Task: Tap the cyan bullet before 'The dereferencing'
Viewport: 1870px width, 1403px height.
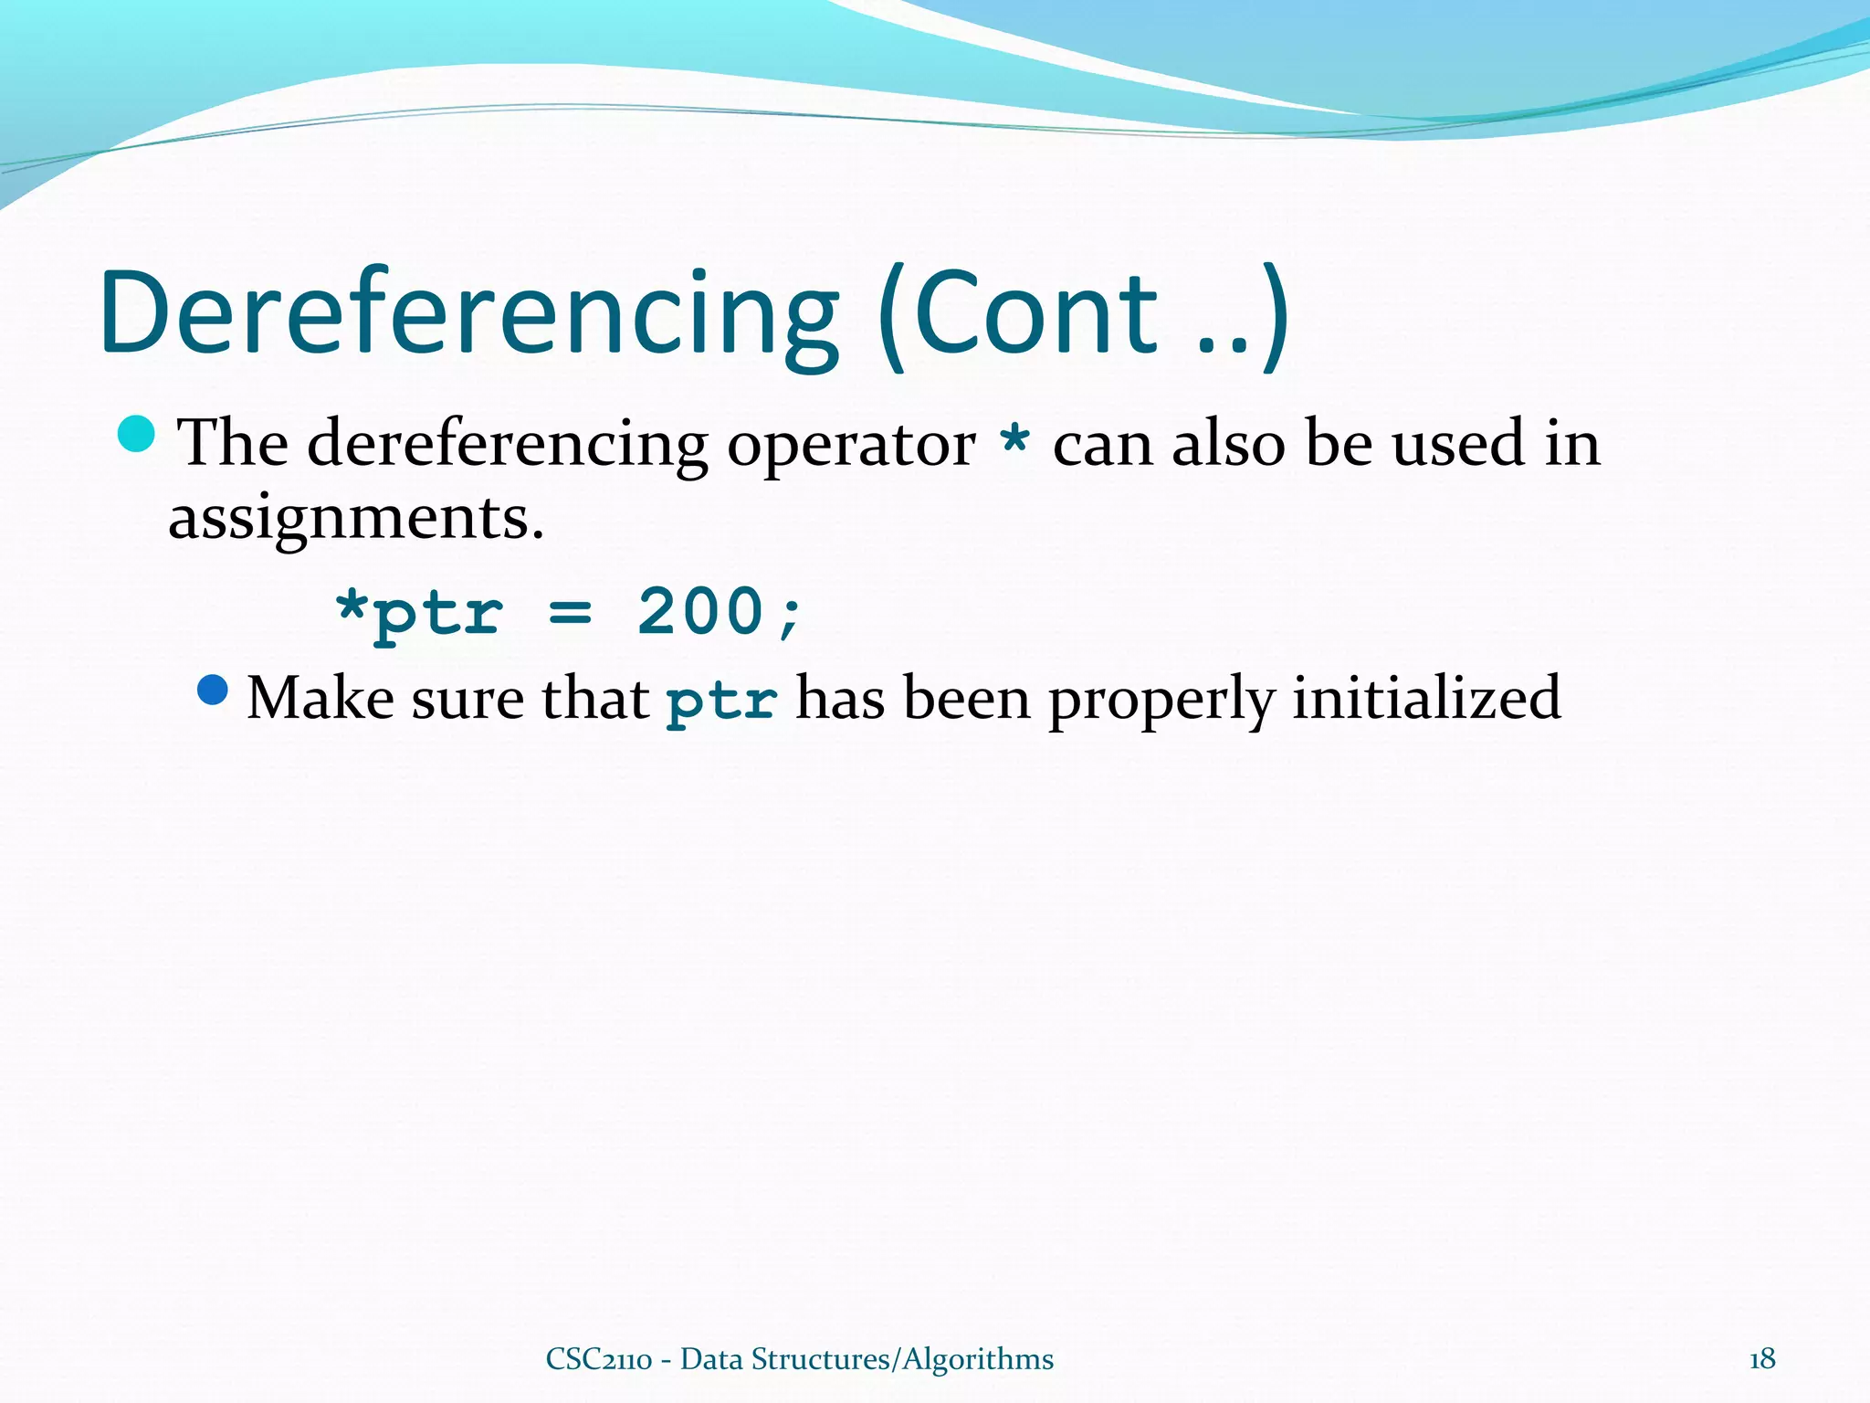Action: point(137,434)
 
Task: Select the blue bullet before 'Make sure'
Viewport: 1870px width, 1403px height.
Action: point(212,691)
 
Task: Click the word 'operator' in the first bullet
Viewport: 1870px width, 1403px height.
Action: point(851,446)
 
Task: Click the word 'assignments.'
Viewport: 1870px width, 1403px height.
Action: point(356,519)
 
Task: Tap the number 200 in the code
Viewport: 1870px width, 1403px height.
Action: point(700,610)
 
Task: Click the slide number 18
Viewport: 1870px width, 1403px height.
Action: point(1761,1359)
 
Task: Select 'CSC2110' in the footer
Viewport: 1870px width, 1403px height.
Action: point(598,1359)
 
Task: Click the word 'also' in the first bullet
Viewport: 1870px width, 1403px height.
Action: point(1227,443)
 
